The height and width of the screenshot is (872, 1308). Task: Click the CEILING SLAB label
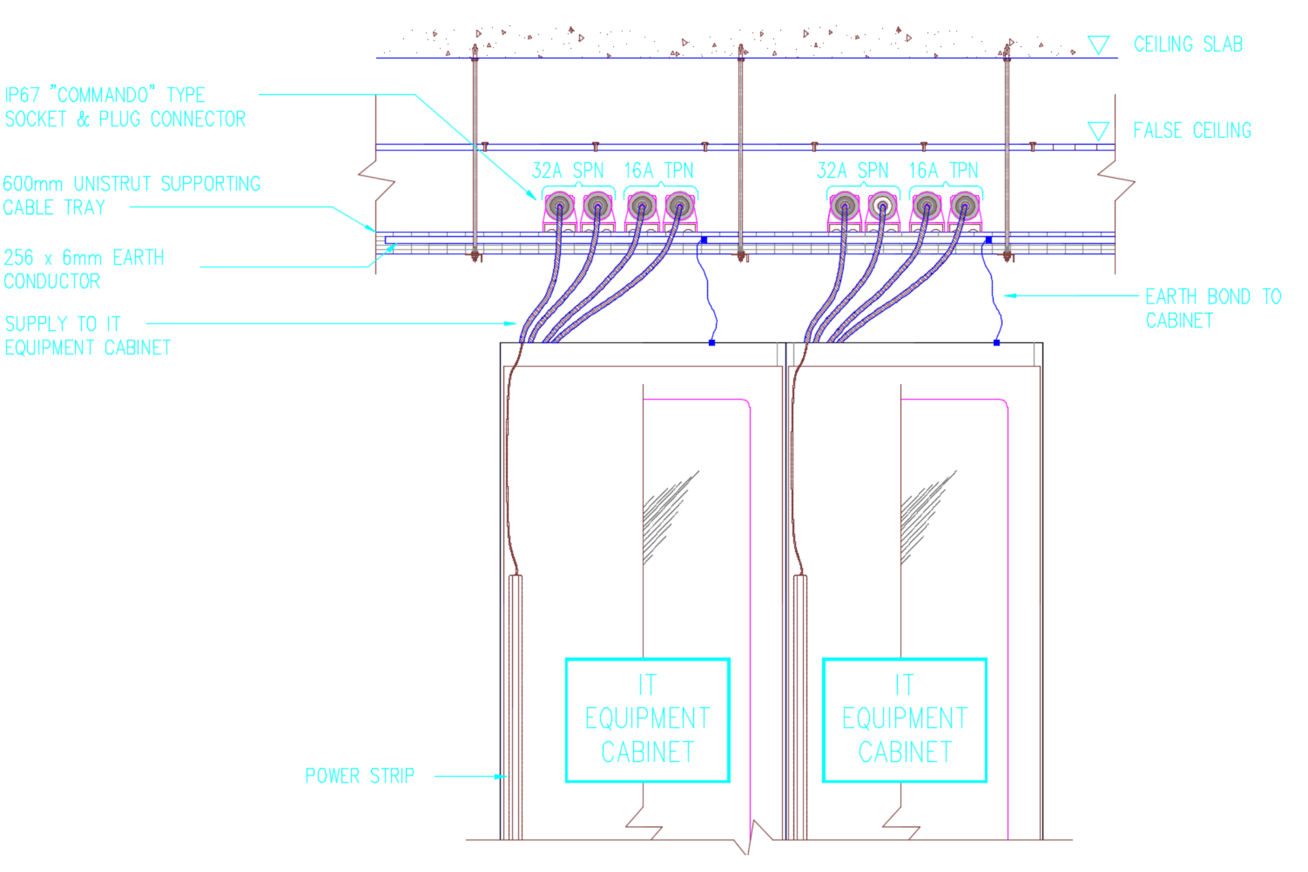click(1188, 45)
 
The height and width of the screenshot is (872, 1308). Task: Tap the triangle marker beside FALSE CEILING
click(1098, 131)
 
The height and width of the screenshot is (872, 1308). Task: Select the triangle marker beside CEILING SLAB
click(1098, 45)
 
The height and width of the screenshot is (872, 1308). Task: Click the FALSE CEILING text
click(1192, 131)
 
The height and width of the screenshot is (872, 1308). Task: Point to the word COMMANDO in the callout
click(103, 95)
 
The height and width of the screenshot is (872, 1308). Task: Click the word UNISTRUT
click(112, 184)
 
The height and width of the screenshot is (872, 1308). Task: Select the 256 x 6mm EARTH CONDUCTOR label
click(83, 270)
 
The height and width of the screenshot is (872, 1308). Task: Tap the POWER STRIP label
click(360, 776)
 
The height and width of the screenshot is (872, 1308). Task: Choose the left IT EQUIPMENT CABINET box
click(647, 719)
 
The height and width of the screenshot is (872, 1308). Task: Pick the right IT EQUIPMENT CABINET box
click(904, 719)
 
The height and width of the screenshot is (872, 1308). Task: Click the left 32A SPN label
click(567, 171)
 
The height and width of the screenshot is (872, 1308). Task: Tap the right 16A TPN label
click(943, 171)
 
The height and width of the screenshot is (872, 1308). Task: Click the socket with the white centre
click(882, 207)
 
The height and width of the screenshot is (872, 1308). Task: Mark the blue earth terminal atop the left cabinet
click(712, 343)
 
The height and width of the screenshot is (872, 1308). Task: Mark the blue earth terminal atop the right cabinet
click(997, 343)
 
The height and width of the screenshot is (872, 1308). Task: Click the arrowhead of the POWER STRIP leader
click(502, 776)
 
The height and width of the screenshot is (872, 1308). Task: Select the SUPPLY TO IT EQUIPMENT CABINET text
click(88, 336)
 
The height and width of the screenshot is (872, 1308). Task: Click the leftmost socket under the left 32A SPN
click(560, 207)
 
